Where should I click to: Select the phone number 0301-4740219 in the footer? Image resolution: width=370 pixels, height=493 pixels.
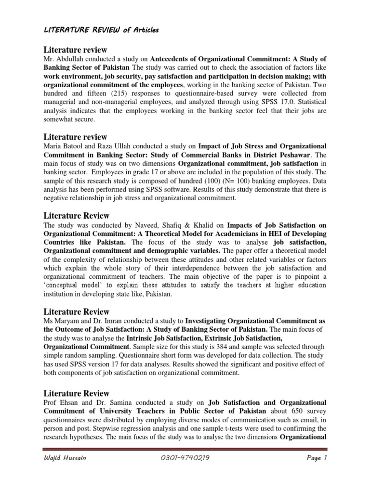(x=184, y=472)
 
